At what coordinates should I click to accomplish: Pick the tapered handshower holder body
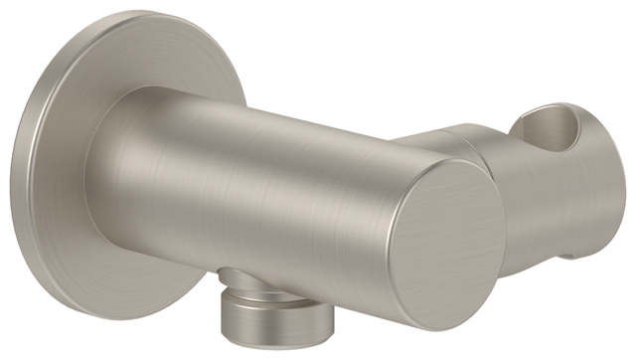pyautogui.click(x=556, y=199)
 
